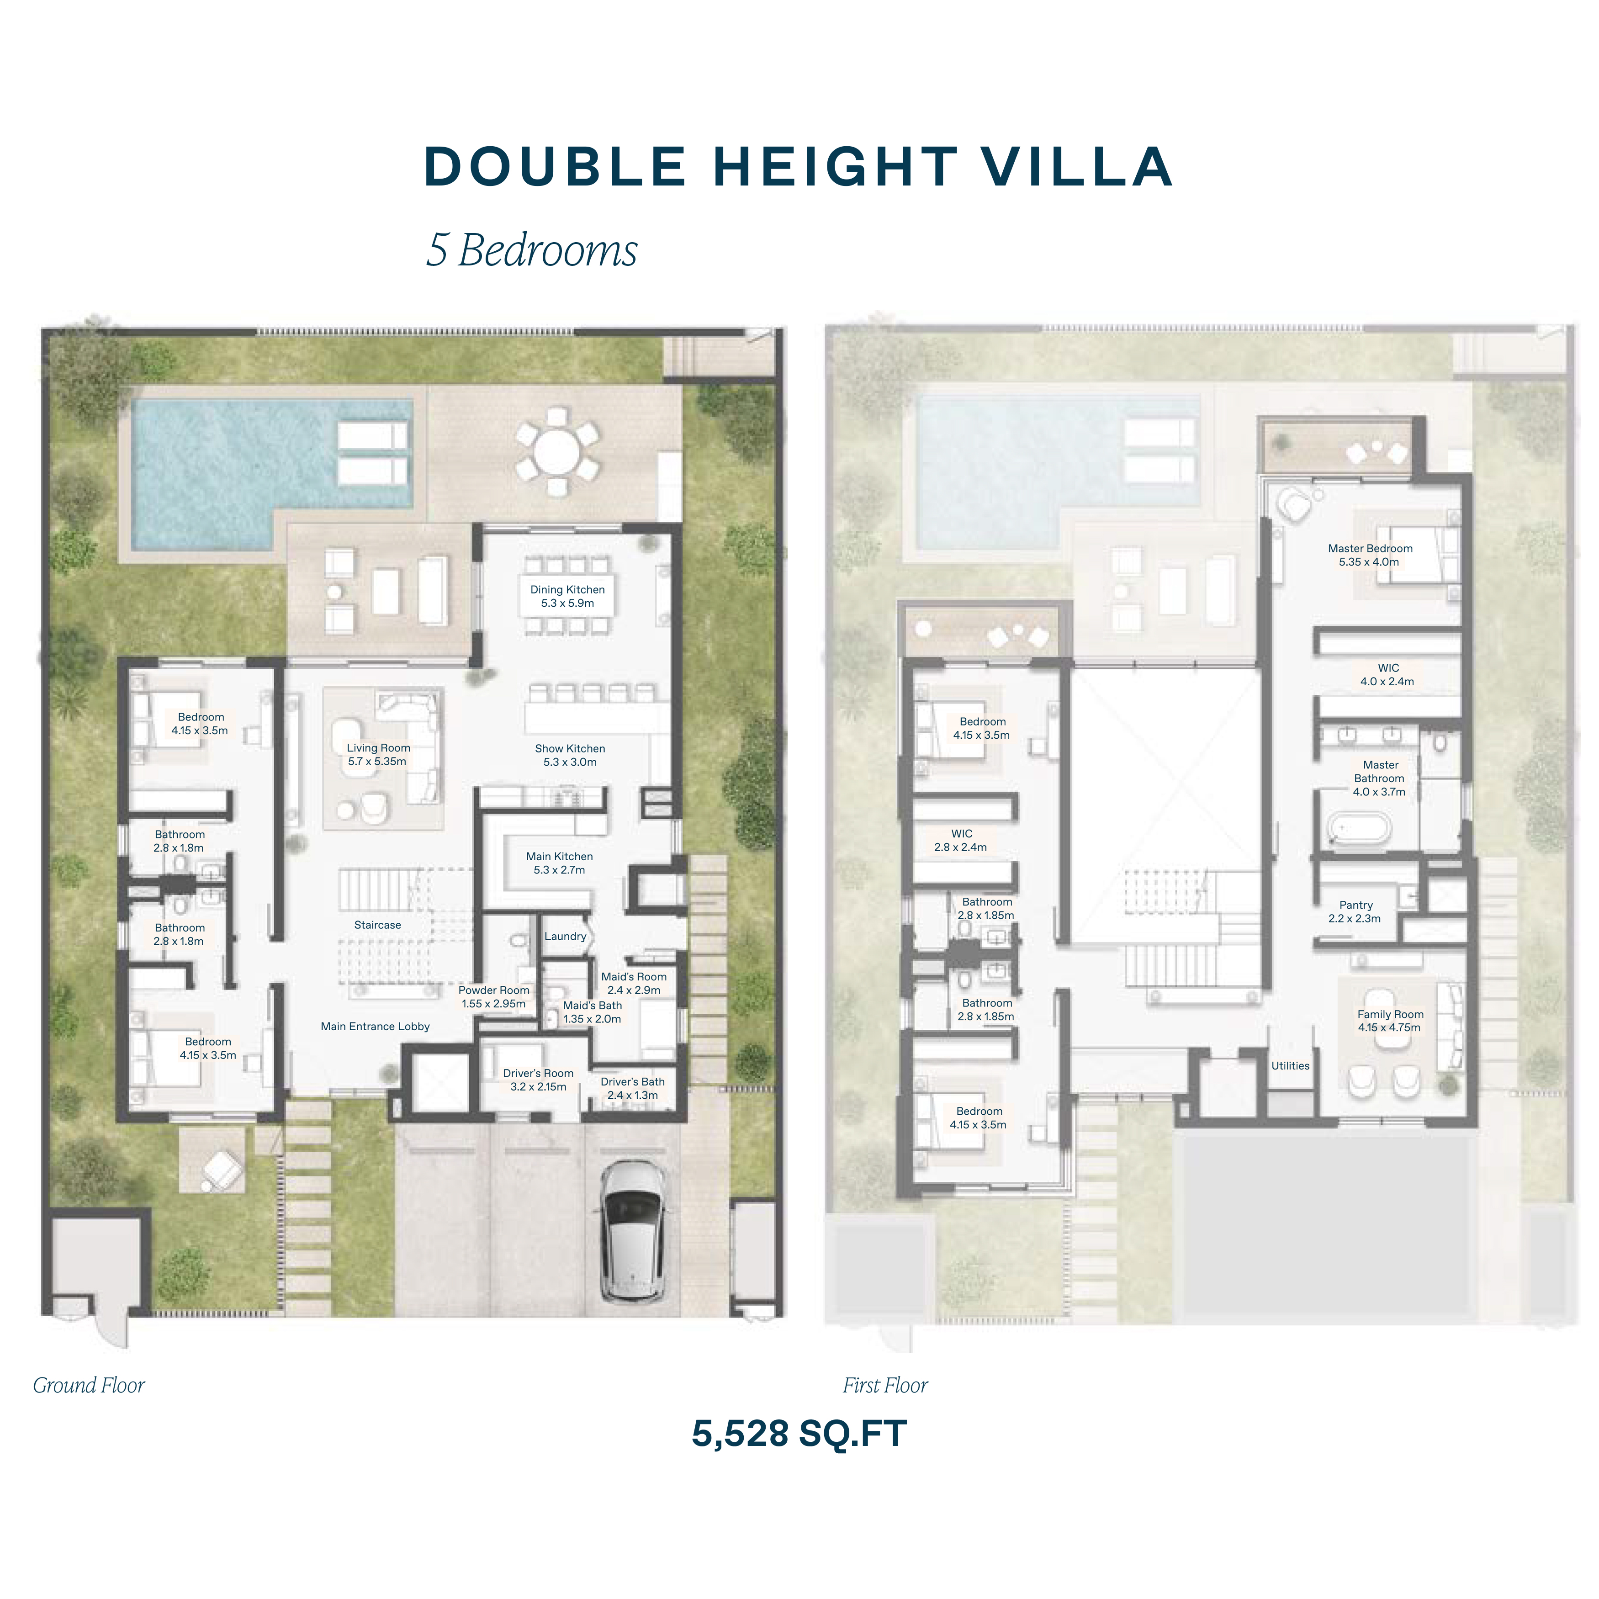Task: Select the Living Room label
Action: (378, 754)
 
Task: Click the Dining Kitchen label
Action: (568, 596)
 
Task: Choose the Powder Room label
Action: (494, 996)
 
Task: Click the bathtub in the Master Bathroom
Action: (1359, 828)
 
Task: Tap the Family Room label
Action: (1390, 1021)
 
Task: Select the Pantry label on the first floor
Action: (1355, 911)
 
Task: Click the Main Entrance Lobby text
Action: (376, 1026)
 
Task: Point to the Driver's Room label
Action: (539, 1079)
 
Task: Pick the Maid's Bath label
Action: (593, 1011)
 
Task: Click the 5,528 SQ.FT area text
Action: (799, 1434)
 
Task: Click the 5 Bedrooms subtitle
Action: (531, 250)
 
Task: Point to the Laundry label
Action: (565, 936)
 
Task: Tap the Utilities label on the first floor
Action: (1290, 1066)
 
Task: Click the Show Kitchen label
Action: (570, 755)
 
